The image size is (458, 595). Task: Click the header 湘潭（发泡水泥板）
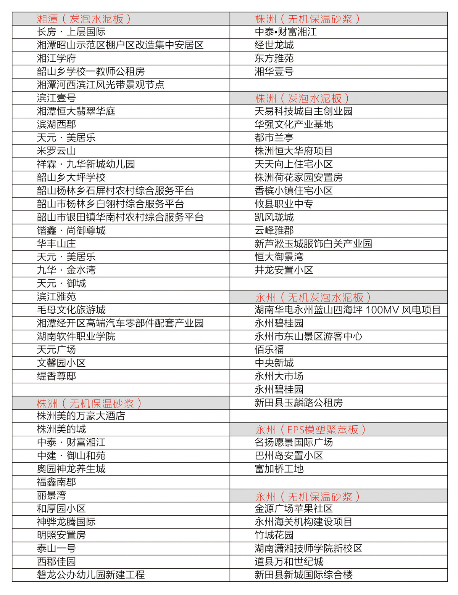84,19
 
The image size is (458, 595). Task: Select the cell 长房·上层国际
71,32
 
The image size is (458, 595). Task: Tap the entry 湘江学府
56,58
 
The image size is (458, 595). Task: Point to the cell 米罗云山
56,151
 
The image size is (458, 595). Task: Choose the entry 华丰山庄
56,244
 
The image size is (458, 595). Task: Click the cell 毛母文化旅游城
71,310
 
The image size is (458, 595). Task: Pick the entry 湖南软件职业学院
76,337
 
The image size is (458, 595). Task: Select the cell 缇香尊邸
56,376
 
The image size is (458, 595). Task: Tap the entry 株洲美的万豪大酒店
81,416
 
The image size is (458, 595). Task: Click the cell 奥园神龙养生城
71,469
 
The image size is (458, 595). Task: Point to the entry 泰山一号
56,548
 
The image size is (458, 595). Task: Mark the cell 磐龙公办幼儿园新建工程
91,575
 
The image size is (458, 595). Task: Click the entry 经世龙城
274,45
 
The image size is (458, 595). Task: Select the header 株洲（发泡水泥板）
302,99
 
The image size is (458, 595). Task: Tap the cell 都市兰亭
274,138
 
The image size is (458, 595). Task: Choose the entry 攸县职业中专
284,204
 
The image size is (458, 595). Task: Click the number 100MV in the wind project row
382,310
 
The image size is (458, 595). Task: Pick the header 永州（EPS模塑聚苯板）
310,430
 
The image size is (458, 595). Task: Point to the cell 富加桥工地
279,469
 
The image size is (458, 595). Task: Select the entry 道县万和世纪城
289,562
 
